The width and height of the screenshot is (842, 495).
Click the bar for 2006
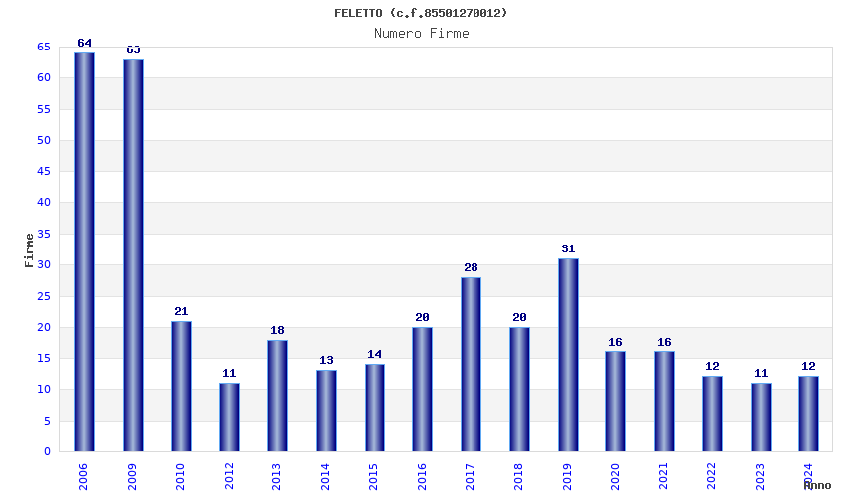coord(84,252)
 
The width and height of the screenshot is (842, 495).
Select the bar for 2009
coord(133,255)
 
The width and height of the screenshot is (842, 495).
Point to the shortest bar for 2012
coord(229,417)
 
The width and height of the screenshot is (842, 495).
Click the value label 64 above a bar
coord(84,44)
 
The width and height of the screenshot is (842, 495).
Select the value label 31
coord(568,249)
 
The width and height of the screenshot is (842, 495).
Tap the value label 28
coord(471,268)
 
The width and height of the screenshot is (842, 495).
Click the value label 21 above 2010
coord(181,312)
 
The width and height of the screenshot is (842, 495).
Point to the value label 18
coord(277,331)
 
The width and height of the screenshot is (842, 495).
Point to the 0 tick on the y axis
coord(47,452)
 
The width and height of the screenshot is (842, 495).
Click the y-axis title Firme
coord(30,249)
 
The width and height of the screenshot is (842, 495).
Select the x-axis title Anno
coord(817,485)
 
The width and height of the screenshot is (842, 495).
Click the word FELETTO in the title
coord(360,13)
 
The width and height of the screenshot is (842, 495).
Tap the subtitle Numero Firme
coord(421,34)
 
